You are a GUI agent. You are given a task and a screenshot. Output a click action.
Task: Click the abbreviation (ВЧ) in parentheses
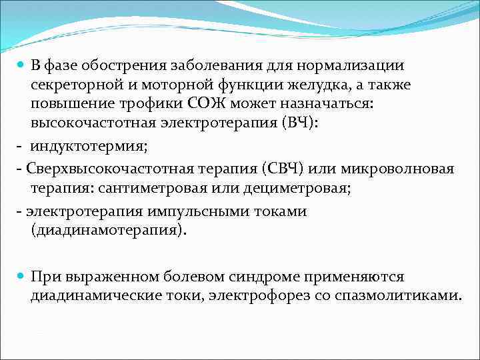click(x=305, y=123)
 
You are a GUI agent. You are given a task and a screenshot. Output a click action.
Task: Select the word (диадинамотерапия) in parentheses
click(x=109, y=231)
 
